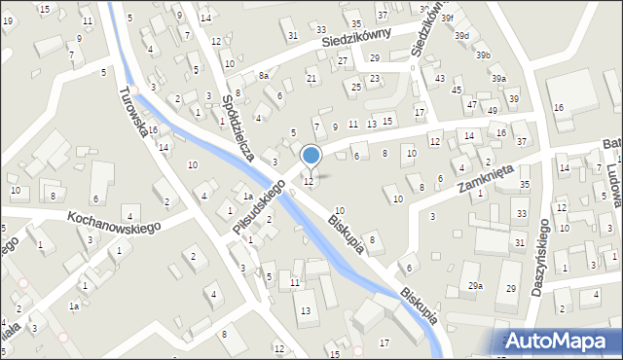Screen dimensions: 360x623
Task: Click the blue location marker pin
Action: (311, 156)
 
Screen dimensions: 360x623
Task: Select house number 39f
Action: (447, 18)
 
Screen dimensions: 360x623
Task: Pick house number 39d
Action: (461, 36)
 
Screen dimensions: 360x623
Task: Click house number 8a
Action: (263, 75)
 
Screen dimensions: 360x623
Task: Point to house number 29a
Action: (475, 285)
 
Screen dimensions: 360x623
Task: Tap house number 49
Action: (493, 110)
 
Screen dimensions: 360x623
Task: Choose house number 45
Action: (458, 90)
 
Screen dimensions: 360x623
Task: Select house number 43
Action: (440, 78)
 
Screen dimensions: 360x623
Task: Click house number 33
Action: (521, 213)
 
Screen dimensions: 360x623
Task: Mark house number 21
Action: (311, 78)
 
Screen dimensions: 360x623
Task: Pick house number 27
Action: (343, 60)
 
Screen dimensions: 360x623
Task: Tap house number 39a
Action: (498, 78)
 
